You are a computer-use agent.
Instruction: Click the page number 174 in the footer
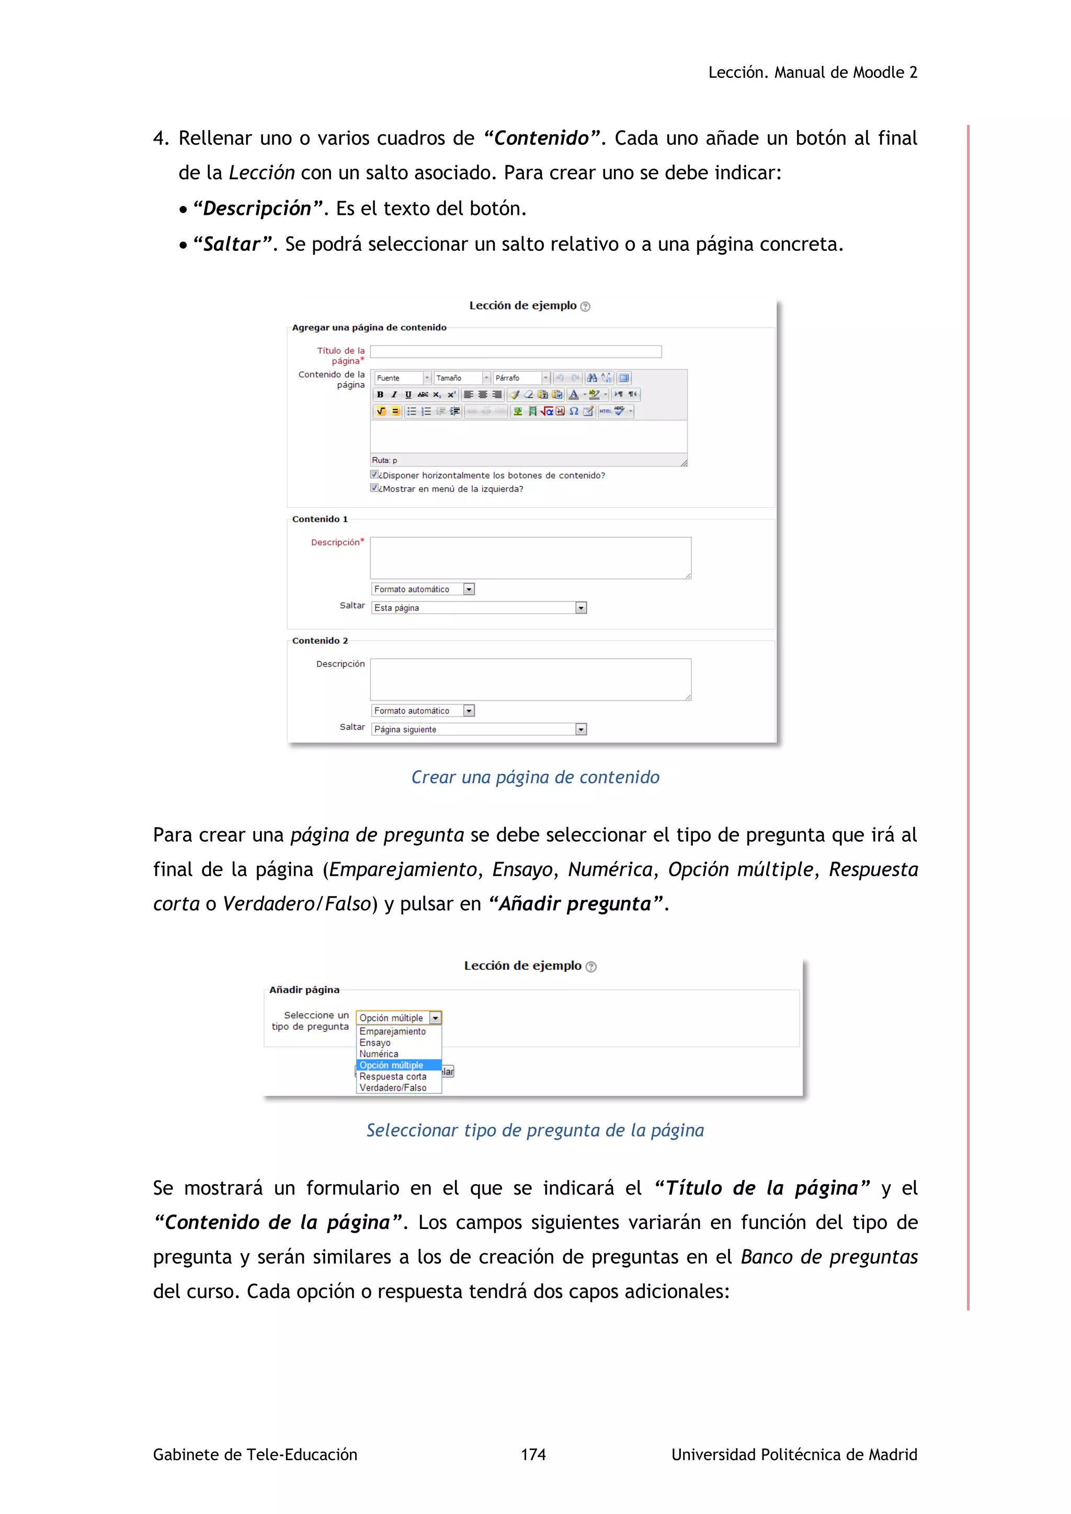pos(533,1454)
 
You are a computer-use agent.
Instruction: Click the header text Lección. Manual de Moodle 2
pos(813,73)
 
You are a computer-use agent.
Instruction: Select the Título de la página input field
pos(516,351)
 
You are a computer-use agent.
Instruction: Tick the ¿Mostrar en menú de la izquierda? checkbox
pos(374,488)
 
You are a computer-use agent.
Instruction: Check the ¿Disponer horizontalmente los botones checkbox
pos(374,474)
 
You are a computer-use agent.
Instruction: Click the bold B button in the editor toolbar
pos(380,394)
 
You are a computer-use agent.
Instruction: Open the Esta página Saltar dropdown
pos(479,608)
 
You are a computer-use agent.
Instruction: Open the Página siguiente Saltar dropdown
pos(479,729)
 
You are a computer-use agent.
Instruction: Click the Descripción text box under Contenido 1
pos(530,558)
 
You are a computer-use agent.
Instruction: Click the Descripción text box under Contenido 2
pos(530,679)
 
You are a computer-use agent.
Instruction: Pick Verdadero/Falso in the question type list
pos(393,1088)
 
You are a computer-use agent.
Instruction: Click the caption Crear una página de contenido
pos(535,777)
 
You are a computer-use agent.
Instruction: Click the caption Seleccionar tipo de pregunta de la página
pos(535,1130)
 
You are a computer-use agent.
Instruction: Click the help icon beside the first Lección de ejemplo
pos(585,307)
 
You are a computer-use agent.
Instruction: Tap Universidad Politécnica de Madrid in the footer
pos(794,1454)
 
